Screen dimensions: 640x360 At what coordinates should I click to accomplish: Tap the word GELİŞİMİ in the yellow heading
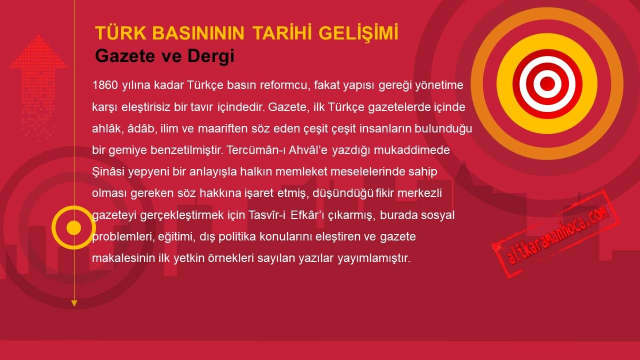358,33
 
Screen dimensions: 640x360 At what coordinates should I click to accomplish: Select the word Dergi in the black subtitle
211,56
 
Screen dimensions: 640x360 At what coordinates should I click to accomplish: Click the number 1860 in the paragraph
105,85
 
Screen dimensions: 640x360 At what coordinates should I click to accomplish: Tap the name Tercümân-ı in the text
256,150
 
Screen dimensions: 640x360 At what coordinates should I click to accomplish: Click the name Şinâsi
108,172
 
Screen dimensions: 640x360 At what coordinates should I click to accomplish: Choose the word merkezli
419,193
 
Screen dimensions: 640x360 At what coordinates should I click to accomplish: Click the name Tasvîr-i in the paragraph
267,215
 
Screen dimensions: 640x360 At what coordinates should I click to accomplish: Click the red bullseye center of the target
547,84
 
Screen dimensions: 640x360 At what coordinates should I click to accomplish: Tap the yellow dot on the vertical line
73,227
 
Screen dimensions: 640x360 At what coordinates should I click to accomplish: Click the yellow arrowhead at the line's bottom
74,303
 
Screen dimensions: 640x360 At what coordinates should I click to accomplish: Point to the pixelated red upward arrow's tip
38,35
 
